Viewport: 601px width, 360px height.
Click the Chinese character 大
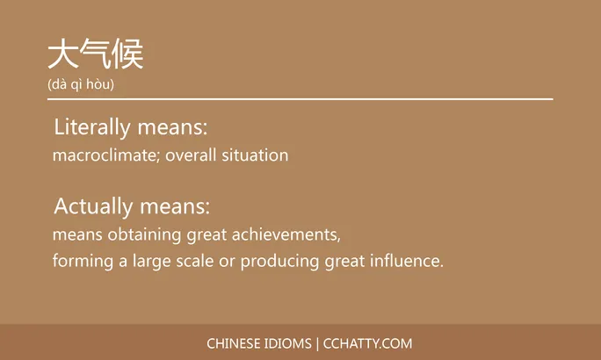63,54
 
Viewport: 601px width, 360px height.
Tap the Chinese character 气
95,54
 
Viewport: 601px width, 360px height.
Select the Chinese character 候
127,54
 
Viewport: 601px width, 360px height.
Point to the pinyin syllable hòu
99,84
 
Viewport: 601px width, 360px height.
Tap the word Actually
92,207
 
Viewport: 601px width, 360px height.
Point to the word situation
256,155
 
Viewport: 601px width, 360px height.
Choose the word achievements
286,235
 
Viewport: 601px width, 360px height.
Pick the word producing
280,262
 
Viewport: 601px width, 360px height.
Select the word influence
407,262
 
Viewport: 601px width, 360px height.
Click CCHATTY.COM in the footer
368,343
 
